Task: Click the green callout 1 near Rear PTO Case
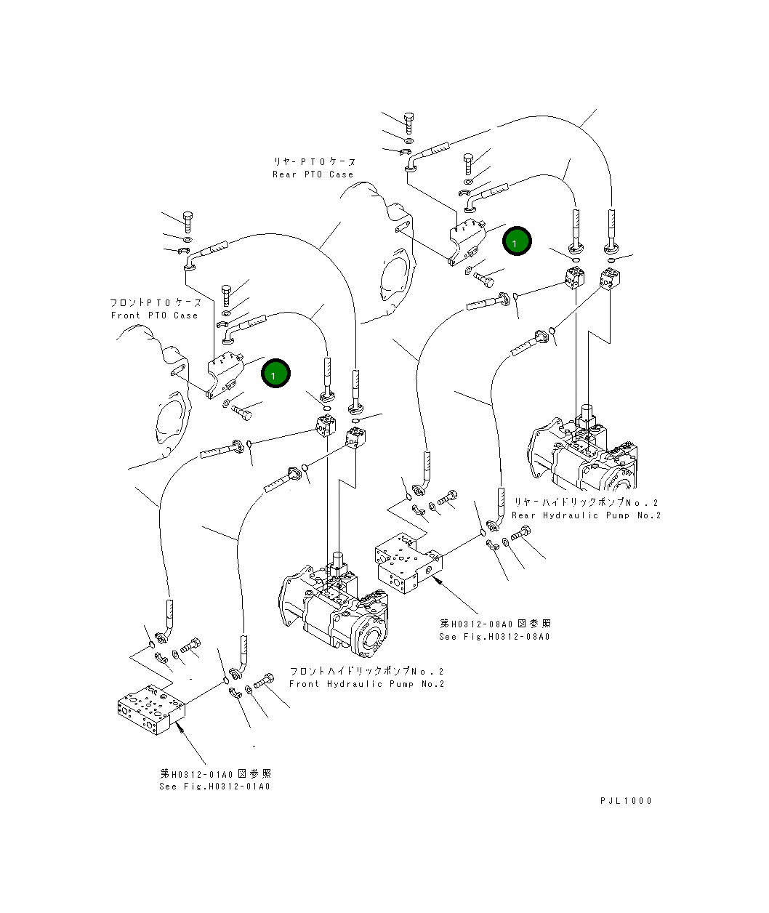[517, 241]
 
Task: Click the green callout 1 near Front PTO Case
[275, 374]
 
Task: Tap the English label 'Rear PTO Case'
[313, 174]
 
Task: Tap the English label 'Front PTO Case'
[154, 315]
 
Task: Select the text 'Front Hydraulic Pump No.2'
[367, 684]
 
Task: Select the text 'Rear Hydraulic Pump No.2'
[587, 515]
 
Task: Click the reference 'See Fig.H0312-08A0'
[494, 636]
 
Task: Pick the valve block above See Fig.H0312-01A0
[151, 709]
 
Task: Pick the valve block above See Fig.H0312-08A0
[408, 563]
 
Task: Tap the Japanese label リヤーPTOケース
[315, 162]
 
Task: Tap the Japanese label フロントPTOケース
[156, 302]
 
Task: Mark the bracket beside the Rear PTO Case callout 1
[468, 242]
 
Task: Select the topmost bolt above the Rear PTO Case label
[409, 124]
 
